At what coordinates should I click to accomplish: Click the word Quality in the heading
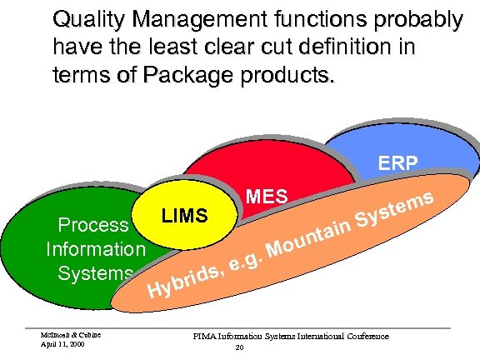click(x=82, y=17)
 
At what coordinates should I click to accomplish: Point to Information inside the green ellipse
click(x=95, y=248)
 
